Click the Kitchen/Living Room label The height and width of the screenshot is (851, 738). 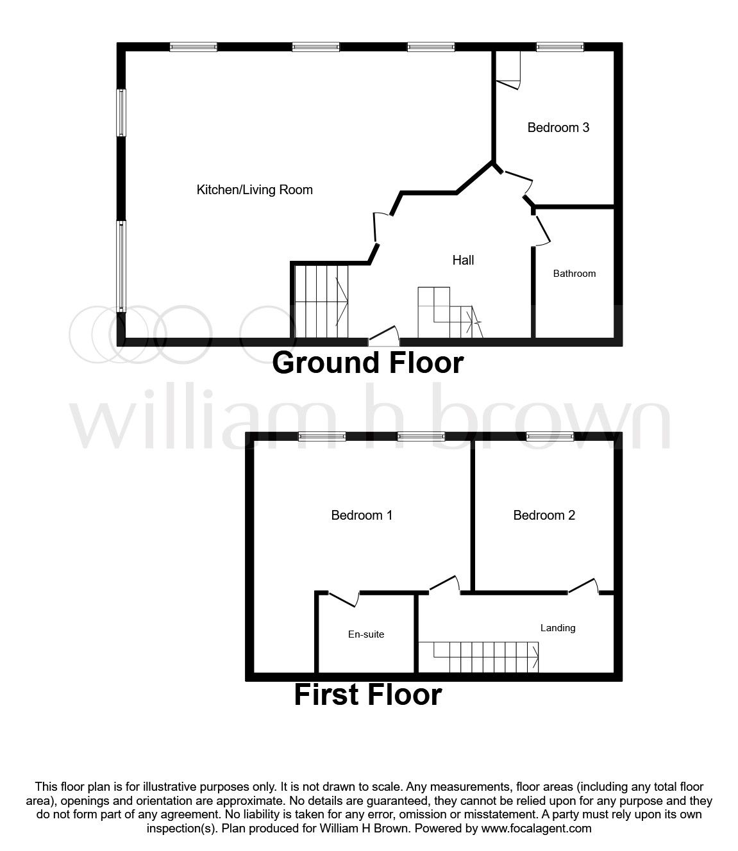pos(254,190)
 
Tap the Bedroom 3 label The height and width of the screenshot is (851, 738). pos(558,128)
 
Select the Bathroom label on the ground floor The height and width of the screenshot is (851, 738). pos(574,274)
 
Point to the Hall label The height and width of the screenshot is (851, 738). pos(463,260)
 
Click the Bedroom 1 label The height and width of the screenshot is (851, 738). pos(362,515)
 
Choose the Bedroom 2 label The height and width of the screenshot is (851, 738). pos(544,515)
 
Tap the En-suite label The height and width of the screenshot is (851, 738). pos(366,634)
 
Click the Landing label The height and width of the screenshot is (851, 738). pos(557,628)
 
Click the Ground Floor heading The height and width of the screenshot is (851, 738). pos(367,363)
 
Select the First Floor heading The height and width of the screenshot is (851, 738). pos(367,695)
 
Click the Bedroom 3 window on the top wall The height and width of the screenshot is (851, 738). pos(560,47)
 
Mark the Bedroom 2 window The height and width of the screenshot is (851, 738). pos(549,437)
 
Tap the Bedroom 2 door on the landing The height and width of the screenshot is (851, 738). pos(583,586)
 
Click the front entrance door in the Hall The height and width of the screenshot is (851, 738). pos(383,335)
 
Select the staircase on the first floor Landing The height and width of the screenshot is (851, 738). pos(485,657)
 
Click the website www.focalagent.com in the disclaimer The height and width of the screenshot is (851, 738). pos(535,829)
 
